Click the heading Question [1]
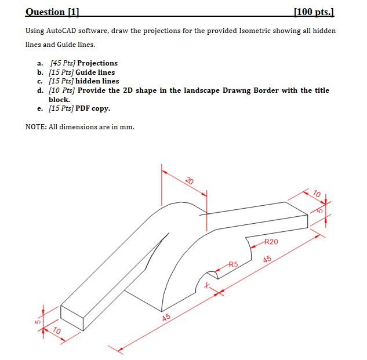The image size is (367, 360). pyautogui.click(x=53, y=12)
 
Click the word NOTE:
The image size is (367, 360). pyautogui.click(x=37, y=126)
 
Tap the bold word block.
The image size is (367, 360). pyautogui.click(x=59, y=99)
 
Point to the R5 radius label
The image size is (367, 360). pyautogui.click(x=233, y=264)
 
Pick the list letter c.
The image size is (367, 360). pyautogui.click(x=40, y=81)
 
